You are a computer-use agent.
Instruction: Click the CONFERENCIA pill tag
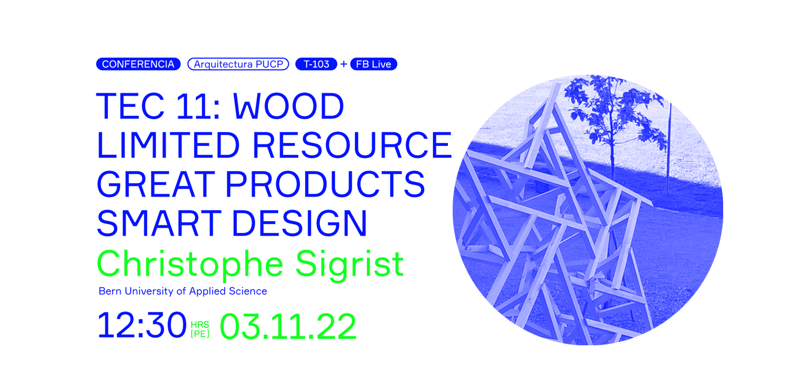tap(138, 64)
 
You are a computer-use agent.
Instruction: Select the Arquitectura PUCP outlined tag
tap(238, 64)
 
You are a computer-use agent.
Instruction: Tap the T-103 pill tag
tap(316, 64)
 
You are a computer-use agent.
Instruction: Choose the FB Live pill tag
tap(373, 64)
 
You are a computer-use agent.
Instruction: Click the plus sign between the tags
tap(344, 64)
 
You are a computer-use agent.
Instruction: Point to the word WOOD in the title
tap(288, 107)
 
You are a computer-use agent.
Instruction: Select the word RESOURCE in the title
tap(352, 145)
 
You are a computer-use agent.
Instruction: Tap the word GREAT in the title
tap(155, 184)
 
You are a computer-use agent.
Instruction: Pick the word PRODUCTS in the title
tap(325, 184)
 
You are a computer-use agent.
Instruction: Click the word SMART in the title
tap(158, 223)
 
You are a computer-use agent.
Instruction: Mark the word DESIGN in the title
tap(299, 223)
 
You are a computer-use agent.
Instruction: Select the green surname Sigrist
tap(349, 263)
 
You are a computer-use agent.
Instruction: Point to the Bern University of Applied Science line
tap(183, 291)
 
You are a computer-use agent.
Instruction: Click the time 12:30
tap(142, 325)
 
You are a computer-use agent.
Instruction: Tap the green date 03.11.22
tap(288, 327)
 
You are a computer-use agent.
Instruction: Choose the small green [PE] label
tap(200, 334)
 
